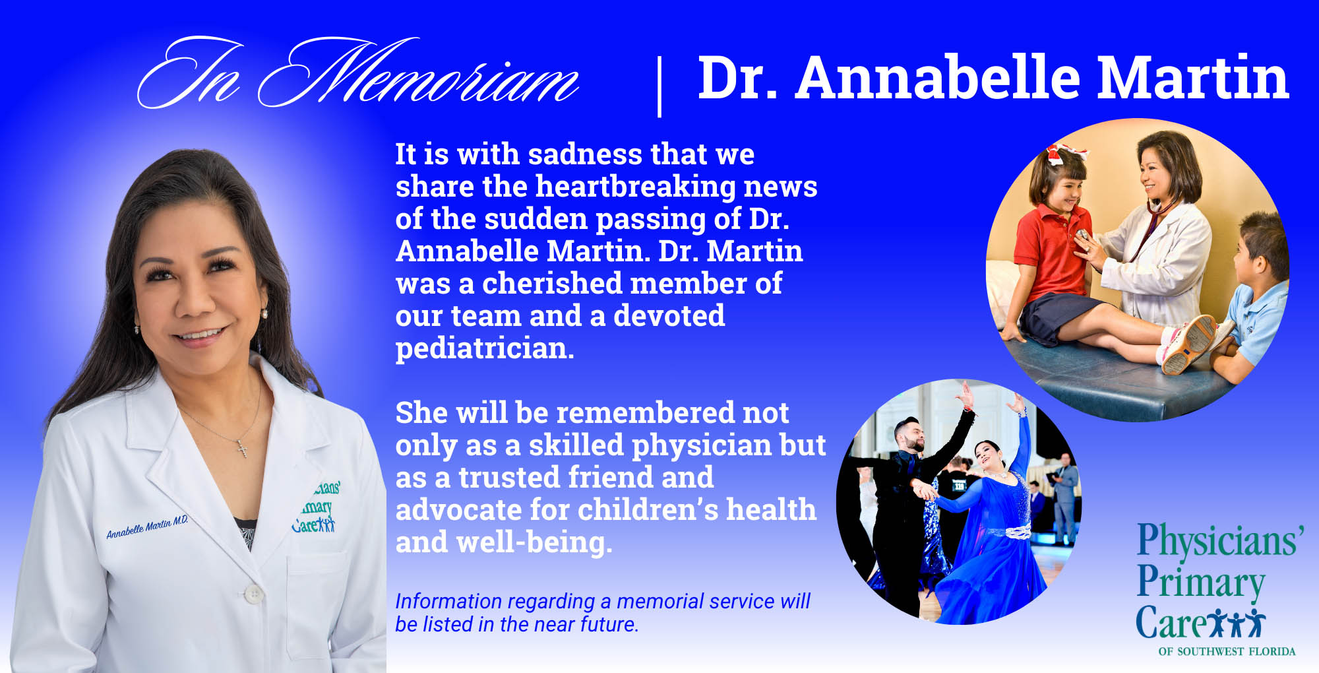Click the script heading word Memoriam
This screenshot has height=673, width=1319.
point(419,73)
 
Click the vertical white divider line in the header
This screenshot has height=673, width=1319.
point(659,86)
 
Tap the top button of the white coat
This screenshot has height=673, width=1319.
point(253,594)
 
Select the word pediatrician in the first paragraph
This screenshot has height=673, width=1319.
point(485,348)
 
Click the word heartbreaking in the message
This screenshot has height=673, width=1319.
point(635,187)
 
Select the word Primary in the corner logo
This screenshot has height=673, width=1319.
point(1200,582)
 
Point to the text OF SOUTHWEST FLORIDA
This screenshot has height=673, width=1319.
point(1227,651)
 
